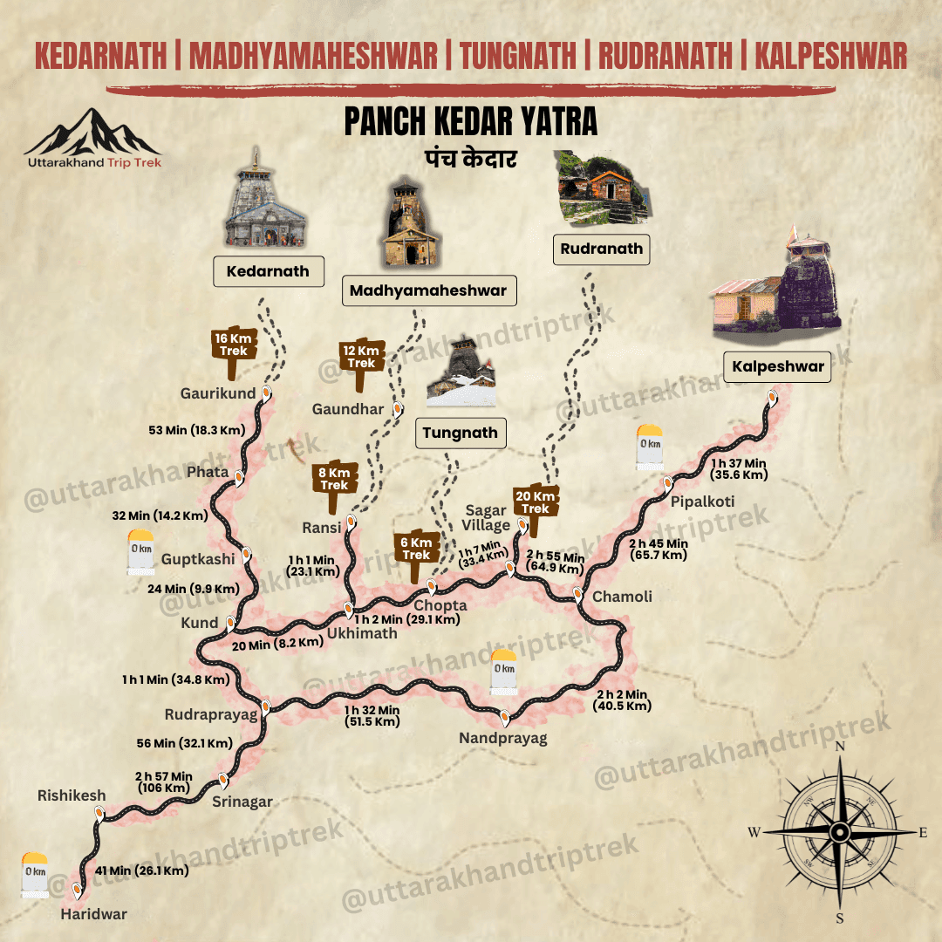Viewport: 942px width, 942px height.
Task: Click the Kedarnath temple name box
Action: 268,271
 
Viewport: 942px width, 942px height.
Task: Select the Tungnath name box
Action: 460,433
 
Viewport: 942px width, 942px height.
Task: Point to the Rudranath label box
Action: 602,249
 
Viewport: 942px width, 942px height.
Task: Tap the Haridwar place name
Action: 93,914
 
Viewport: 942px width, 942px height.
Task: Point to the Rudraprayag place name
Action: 211,715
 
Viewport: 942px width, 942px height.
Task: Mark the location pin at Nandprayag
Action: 504,718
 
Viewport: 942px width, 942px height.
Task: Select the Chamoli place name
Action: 622,597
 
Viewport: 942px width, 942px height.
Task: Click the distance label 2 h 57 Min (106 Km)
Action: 163,782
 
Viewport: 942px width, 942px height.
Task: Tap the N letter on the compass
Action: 840,747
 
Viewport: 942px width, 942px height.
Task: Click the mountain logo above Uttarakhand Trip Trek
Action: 92,133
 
